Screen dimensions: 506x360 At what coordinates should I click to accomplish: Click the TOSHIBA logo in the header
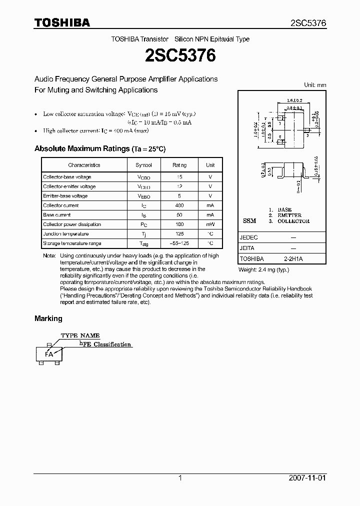coord(62,22)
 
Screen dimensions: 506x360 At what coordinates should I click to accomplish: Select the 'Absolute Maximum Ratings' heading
coord(81,148)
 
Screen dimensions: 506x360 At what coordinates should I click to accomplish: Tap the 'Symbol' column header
coord(143,165)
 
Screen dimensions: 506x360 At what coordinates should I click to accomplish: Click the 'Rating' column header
coord(179,165)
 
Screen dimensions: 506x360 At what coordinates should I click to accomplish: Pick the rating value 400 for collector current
coord(179,205)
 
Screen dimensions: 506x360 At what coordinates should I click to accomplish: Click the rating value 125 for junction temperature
coord(179,234)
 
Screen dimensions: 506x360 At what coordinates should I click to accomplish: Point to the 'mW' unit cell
coord(210,224)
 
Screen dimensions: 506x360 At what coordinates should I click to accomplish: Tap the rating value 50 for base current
coord(179,215)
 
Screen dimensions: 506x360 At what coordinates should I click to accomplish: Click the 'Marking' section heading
coord(48,318)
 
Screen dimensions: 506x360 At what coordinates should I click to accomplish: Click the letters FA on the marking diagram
coord(49,354)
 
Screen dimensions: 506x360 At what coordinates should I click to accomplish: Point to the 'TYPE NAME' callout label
coord(80,335)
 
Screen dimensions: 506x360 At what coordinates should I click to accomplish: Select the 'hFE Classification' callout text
coord(105,344)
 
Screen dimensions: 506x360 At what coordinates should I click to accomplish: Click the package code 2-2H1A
coord(293,259)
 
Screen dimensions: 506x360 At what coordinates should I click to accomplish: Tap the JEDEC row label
coord(249,238)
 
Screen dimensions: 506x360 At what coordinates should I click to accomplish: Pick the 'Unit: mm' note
coord(315,85)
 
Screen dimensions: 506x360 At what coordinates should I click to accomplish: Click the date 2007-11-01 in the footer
coord(307,478)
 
